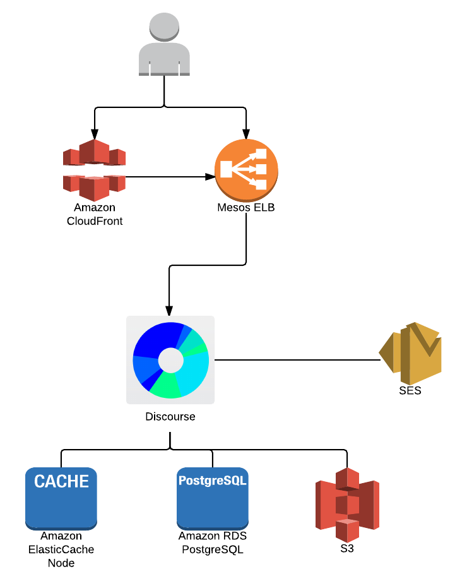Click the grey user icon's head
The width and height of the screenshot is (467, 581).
pos(164,27)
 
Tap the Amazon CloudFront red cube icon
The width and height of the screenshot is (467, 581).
pos(95,170)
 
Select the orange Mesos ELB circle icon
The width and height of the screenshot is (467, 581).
pos(246,170)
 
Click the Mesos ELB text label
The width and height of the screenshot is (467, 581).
pos(246,208)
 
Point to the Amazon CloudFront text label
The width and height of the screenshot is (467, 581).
pos(95,214)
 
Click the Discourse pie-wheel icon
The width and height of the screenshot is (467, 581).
pos(170,360)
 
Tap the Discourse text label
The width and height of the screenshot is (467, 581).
pos(170,416)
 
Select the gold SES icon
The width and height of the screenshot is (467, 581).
pos(410,354)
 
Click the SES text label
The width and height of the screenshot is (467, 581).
pos(410,390)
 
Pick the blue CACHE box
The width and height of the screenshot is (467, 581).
pos(61,499)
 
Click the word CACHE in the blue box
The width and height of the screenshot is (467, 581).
pos(61,481)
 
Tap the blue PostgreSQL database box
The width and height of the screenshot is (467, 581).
pos(213,499)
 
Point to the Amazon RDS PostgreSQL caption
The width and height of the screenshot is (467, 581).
pos(213,542)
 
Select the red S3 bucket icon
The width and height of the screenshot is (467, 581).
pos(347,505)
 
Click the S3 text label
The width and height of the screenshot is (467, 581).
pos(347,548)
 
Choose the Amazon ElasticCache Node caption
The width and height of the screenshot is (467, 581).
pos(61,549)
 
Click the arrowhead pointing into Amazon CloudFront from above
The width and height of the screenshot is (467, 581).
pos(95,134)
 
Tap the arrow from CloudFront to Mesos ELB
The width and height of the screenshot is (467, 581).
pos(170,177)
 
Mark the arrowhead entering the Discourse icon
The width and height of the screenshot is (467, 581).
pos(169,311)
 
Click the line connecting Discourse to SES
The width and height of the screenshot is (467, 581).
pos(297,360)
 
